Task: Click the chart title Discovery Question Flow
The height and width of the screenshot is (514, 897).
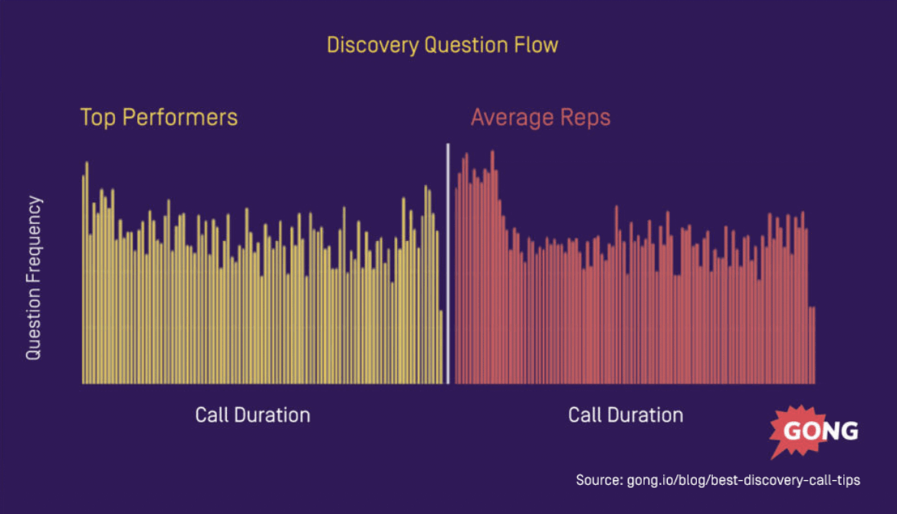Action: pos(442,45)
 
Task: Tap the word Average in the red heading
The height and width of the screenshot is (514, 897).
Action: pos(507,117)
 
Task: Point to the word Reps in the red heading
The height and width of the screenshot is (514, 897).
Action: pos(585,117)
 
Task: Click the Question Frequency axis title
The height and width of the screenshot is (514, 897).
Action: pos(34,278)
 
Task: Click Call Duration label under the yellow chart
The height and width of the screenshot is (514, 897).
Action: pos(252,415)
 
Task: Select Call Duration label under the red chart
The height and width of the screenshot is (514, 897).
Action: pos(626,415)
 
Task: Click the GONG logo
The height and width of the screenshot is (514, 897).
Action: pos(814,431)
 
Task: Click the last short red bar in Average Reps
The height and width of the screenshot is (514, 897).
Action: pos(813,345)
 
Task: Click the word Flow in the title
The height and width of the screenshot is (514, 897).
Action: pos(540,45)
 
